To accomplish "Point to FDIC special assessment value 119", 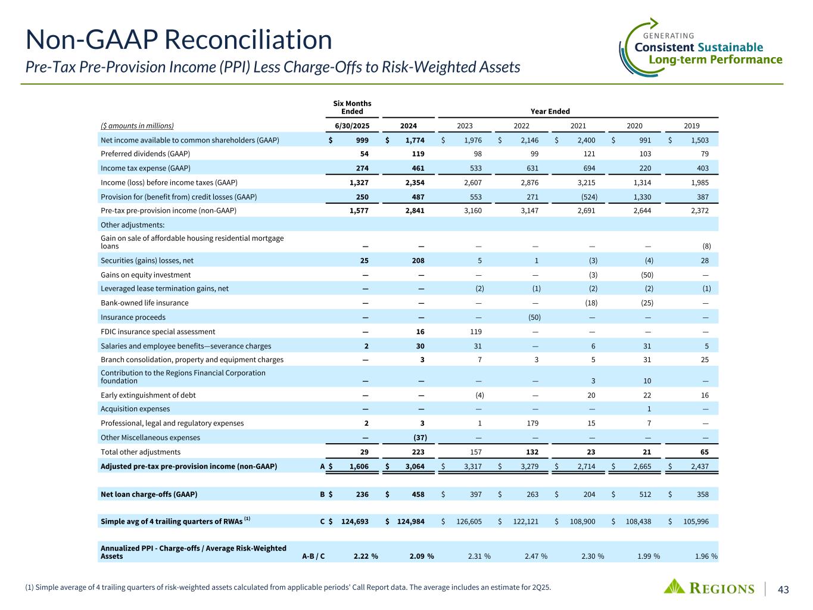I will [475, 331].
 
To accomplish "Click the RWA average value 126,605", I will [469, 521].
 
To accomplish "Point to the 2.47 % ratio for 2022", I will [535, 556].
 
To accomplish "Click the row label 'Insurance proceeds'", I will [133, 318].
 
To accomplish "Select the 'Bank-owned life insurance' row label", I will [145, 303].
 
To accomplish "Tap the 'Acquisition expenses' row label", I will [135, 409].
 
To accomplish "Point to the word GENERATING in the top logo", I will [669, 36].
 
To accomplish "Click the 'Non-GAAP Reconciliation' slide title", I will [179, 40].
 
